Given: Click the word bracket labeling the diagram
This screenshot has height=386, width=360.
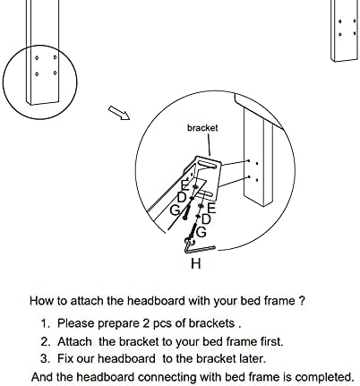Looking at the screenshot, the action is coord(202,128).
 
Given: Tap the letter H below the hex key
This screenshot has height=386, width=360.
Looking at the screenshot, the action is coord(196,263).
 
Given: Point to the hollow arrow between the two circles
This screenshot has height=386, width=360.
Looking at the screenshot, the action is coord(119,113).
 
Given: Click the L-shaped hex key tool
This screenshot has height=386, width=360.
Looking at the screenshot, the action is coord(197,248).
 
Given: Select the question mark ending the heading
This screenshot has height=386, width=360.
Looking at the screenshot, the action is coord(302,300).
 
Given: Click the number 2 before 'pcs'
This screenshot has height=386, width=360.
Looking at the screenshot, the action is coord(146,323).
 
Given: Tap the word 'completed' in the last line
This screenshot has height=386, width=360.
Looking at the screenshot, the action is coord(324,377).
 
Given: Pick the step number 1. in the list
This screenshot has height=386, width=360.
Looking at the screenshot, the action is coord(46,323).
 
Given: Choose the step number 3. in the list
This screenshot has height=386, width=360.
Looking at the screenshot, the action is coord(46,358).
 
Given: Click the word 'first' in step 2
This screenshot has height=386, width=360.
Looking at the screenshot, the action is coord(271,341).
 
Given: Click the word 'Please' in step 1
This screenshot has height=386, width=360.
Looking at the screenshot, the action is coord(76,323).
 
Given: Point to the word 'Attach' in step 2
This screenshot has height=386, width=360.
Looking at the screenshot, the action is coord(74,341).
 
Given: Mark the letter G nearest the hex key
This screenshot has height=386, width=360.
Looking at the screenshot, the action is coord(201,232).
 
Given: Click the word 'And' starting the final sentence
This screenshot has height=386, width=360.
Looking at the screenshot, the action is coord(42,377).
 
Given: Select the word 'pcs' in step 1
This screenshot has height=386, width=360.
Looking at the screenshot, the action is coord(162,324).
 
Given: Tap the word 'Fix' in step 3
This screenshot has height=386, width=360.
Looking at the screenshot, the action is coord(65,358).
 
